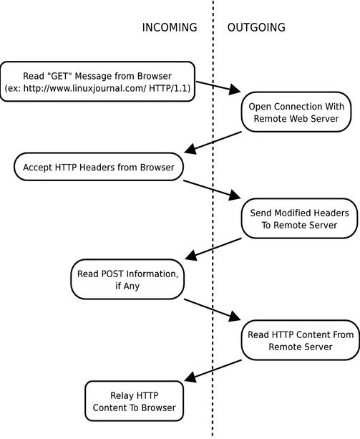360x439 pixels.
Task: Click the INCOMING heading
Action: tap(170, 27)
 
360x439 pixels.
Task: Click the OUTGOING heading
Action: tap(256, 27)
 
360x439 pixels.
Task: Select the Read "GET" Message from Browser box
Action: tap(97, 82)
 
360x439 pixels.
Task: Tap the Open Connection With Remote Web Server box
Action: tap(296, 112)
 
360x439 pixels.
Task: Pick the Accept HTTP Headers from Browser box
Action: tap(99, 167)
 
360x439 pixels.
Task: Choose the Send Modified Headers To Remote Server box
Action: tap(299, 218)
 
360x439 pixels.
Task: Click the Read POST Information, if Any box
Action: tap(127, 279)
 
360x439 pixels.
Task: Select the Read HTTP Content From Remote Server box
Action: tap(301, 340)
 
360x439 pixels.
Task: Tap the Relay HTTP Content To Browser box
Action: tap(135, 401)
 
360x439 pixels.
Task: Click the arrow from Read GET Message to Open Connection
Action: tap(218, 87)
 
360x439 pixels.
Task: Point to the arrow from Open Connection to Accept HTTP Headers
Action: tap(213, 142)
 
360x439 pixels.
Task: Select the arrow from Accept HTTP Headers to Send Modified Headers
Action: tap(212, 190)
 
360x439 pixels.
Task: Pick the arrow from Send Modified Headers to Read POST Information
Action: tap(213, 249)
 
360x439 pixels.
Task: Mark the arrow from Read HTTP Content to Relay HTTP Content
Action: tap(213, 370)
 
